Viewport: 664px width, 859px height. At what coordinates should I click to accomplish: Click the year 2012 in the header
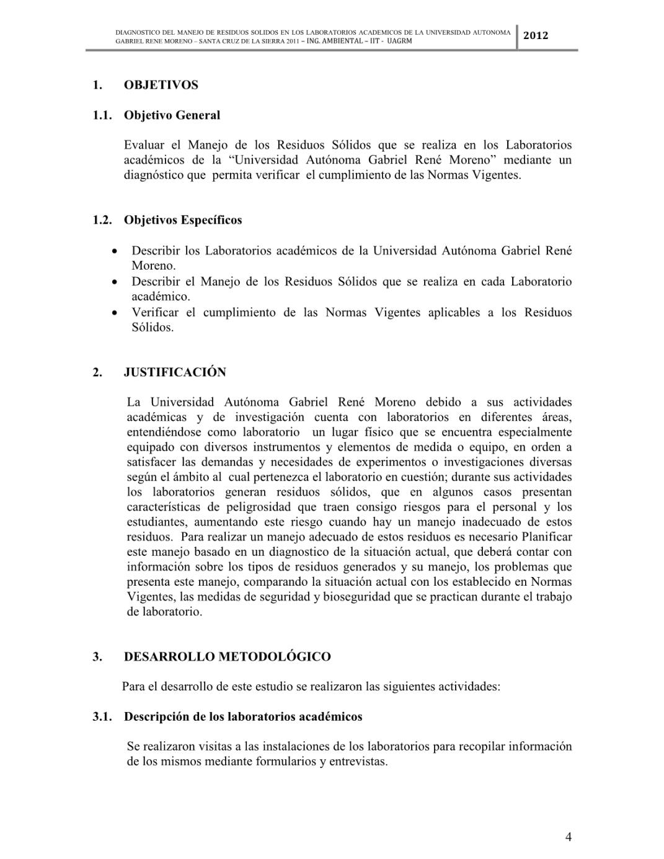coord(536,35)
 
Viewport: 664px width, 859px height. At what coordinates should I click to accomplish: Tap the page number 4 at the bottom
coord(569,837)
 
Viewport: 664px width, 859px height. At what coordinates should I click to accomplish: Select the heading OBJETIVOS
coord(161,85)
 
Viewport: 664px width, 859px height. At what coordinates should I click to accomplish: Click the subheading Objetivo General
coord(172,115)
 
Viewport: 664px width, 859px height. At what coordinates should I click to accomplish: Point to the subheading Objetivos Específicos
coord(183,220)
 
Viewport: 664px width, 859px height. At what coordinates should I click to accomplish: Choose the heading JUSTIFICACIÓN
coord(175,372)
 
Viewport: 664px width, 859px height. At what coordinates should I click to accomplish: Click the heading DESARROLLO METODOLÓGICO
coord(227,656)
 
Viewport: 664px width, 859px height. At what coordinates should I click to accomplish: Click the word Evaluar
coord(144,146)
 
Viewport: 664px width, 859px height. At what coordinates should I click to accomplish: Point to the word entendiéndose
coord(164,433)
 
